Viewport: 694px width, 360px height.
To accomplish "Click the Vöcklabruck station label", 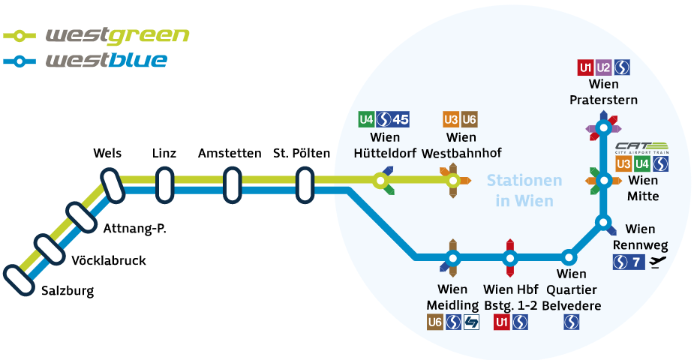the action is pos(108,261).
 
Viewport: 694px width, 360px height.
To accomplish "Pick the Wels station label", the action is pos(107,154).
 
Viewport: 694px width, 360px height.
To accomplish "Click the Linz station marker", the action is pos(164,185).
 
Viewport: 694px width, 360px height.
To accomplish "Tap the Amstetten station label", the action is pos(230,154).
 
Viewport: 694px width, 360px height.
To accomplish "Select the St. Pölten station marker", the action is pos(304,185).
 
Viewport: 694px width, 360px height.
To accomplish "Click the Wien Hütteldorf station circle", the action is pos(380,180).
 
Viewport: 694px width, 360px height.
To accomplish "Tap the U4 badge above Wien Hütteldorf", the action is pos(366,119).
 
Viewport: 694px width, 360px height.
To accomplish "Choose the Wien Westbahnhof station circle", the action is pos(452,180).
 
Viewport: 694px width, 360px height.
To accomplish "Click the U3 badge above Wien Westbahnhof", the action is pos(451,119).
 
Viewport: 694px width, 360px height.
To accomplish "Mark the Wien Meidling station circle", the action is pos(452,258).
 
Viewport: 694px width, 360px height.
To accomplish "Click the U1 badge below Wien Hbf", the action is pos(501,322).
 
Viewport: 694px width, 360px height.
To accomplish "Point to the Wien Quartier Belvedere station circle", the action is pos(569,258).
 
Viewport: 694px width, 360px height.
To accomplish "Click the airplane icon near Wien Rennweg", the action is pos(658,262).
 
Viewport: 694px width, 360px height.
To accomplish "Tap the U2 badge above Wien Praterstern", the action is pos(604,67).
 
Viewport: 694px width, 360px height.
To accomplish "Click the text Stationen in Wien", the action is pos(524,190).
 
